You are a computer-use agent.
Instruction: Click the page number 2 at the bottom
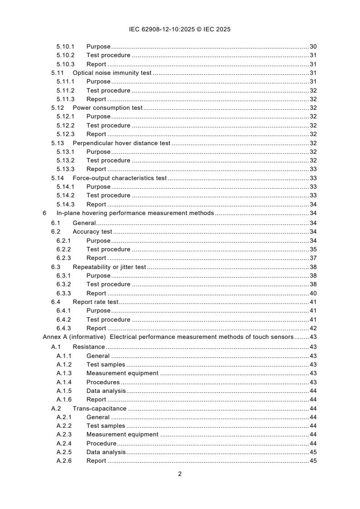pos(180,474)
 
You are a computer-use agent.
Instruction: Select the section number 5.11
pos(57,73)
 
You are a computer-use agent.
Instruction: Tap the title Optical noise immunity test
pos(112,73)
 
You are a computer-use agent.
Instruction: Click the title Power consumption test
pos(108,108)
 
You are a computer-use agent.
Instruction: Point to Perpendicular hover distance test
pos(121,143)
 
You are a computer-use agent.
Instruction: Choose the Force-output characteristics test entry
pos(120,178)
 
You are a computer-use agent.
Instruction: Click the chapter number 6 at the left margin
pos(44,213)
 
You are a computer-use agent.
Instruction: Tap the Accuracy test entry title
pos(92,232)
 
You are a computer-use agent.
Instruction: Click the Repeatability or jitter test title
pos(109,267)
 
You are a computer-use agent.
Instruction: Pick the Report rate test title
pos(95,302)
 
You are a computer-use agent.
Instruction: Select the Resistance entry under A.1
pos(89,347)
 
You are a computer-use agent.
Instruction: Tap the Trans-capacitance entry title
pos(99,408)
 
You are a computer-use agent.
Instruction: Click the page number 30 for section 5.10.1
pos(313,47)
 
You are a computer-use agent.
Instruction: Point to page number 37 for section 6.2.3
pos(313,258)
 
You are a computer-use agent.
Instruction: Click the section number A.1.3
pos(64,373)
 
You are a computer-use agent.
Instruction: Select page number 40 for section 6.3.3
pos(313,294)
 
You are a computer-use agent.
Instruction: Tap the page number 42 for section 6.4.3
pos(313,328)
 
